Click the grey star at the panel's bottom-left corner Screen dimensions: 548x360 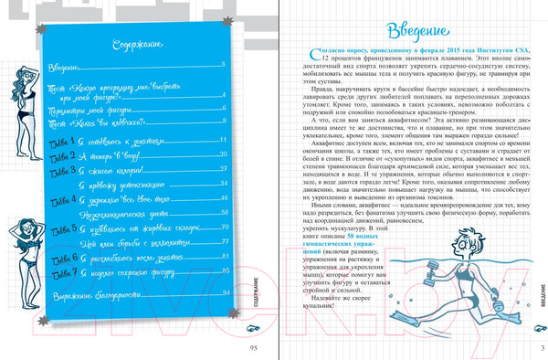pos(41,320)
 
